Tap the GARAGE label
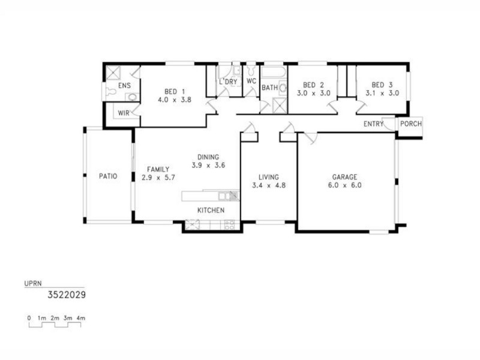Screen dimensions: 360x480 tap(344, 177)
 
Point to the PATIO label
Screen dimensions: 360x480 tap(108, 176)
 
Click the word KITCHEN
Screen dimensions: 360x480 tap(211, 210)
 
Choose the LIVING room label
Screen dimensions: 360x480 tap(268, 177)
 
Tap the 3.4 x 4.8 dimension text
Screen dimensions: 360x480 tap(268, 185)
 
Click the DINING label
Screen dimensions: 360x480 tap(208, 157)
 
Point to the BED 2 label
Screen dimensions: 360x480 tap(313, 85)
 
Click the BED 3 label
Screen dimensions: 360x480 tap(382, 85)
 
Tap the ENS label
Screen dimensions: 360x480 tap(124, 86)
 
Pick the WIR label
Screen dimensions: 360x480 tap(124, 112)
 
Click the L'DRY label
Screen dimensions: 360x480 tap(229, 81)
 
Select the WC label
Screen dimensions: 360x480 tap(251, 81)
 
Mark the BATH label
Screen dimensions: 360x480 tap(269, 88)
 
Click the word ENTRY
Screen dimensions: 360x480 tap(374, 124)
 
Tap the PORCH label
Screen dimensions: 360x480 tap(410, 124)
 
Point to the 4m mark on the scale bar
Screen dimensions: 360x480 tap(81, 317)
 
